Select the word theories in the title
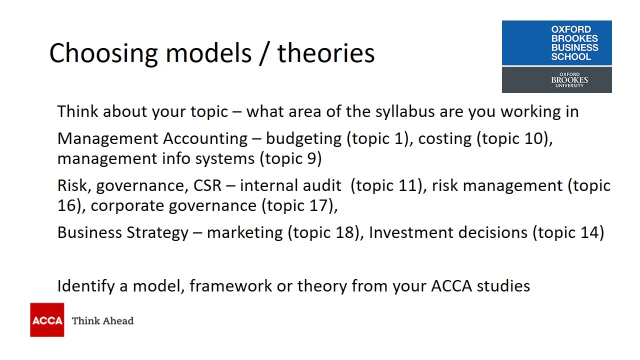[326, 53]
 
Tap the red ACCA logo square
[47, 320]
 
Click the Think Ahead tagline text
[102, 321]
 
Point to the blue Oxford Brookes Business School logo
[556, 43]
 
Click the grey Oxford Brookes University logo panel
[556, 80]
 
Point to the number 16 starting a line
[66, 205]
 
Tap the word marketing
[244, 232]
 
